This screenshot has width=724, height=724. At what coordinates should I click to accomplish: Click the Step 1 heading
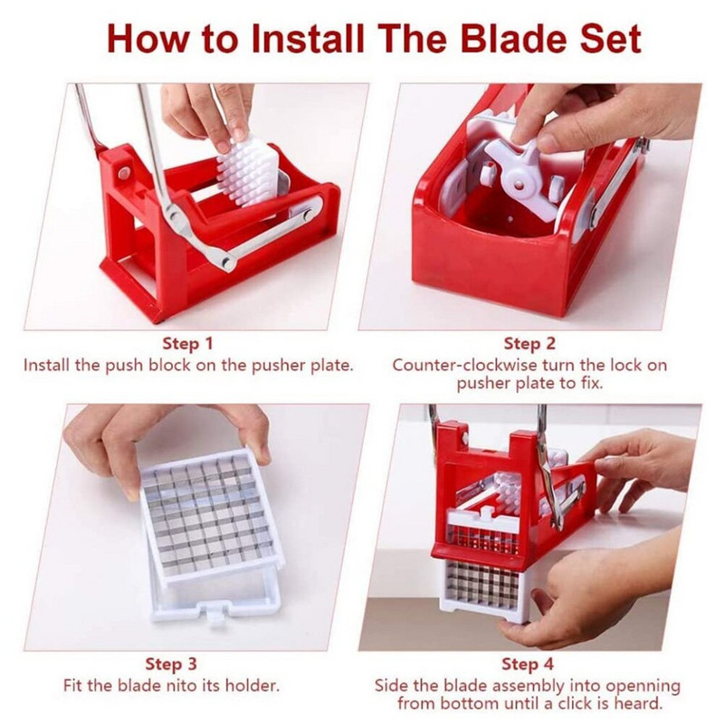pos(187,344)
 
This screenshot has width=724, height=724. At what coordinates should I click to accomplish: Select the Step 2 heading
pos(529,344)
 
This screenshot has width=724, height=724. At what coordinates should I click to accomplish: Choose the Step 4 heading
pos(529,665)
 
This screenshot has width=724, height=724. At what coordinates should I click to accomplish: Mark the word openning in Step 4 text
pos(645,686)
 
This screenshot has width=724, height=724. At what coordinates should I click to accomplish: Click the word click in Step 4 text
pos(564,704)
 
